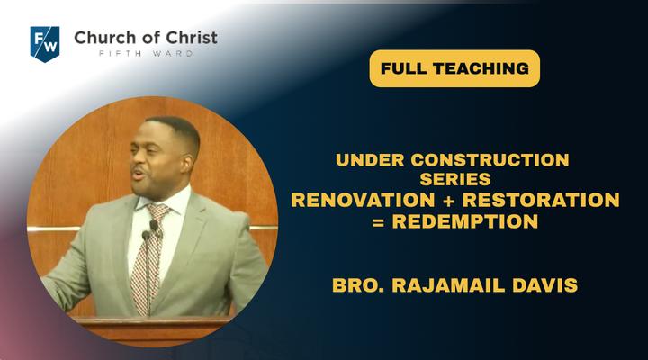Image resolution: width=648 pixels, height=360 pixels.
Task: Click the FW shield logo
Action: click(45, 44)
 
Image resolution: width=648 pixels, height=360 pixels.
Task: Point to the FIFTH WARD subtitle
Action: click(146, 53)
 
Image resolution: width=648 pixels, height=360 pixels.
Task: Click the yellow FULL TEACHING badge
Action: click(454, 68)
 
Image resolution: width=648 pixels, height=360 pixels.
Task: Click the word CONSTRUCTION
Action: click(490, 160)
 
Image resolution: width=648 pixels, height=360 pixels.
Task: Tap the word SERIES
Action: click(455, 179)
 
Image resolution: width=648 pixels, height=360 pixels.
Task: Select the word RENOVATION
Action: click(363, 200)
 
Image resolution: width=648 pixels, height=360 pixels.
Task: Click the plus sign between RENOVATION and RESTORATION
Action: click(448, 201)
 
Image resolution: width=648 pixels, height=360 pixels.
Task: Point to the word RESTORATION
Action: click(541, 200)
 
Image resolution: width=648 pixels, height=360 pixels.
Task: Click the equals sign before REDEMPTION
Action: click(379, 222)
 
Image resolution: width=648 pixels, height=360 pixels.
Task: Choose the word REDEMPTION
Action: click(465, 221)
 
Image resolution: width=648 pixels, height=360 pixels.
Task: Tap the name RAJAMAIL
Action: click(449, 285)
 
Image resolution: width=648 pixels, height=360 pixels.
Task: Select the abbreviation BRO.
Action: click(358, 285)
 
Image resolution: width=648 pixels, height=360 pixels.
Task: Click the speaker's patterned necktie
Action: click(150, 256)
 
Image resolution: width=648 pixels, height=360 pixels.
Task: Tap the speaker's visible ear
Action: click(187, 162)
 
